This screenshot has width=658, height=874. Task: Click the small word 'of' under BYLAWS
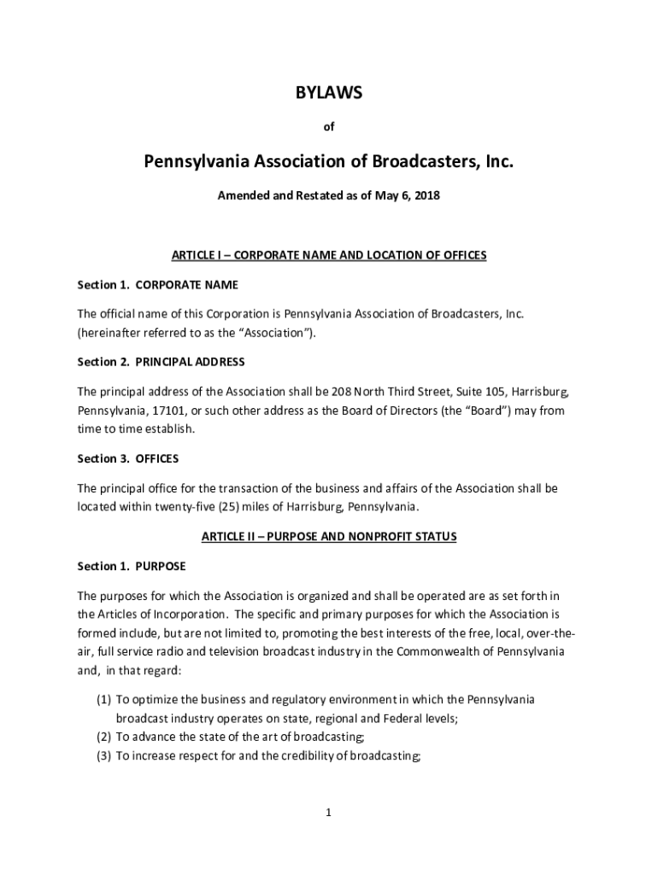[328, 127]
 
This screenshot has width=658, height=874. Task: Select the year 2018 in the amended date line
[426, 195]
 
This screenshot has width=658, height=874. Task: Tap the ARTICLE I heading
[329, 255]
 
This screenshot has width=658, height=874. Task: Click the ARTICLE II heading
[329, 537]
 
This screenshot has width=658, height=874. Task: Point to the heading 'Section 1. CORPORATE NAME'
[158, 284]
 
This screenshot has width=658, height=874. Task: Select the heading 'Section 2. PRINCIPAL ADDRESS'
[161, 362]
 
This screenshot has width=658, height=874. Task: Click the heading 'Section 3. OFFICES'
[128, 459]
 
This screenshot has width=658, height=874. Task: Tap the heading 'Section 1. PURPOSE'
[132, 567]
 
